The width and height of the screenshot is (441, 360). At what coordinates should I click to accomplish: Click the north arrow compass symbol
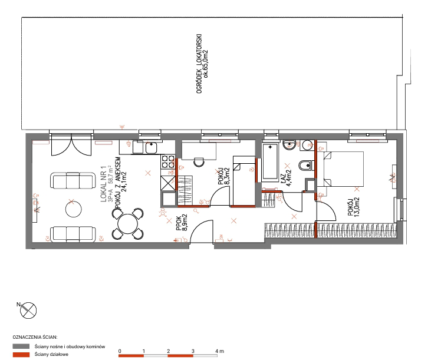pos(28,311)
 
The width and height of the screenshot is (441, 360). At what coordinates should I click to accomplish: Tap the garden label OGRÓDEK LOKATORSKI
pos(199,64)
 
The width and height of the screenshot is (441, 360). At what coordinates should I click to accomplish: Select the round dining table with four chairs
pos(128,224)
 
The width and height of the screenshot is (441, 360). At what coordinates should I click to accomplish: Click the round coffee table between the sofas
pos(74,209)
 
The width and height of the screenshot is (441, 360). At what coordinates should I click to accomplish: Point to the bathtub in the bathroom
pos(270,162)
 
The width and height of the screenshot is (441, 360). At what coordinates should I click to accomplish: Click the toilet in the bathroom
pos(305,166)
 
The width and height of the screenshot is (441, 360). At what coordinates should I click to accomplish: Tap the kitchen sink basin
pos(152,147)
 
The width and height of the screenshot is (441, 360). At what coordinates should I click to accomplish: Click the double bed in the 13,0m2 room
pos(343,169)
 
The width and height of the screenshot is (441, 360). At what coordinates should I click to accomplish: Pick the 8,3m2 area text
pos(228,176)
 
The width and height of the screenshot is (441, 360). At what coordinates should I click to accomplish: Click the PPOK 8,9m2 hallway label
pos(182,223)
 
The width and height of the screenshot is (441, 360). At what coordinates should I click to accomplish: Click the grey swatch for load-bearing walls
pos(21,346)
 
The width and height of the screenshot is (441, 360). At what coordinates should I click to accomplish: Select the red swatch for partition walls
pos(21,355)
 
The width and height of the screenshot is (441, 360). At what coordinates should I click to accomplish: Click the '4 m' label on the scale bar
pos(220,351)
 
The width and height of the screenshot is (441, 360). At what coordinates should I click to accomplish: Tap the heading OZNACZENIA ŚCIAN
pos(35,337)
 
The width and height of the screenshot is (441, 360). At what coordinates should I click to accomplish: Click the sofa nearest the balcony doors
pos(73,180)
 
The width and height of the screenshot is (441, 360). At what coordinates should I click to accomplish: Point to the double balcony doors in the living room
pos(71,144)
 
